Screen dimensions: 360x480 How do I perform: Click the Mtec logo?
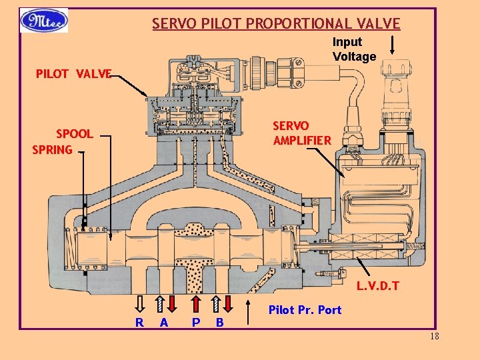point(44,21)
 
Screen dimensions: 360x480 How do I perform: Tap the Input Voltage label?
point(354,49)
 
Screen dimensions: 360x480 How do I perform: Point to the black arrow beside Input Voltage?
point(393,45)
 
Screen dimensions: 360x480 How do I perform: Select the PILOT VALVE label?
point(73,73)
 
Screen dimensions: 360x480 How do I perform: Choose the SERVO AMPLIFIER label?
point(301,133)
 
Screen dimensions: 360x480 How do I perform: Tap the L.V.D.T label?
point(377,287)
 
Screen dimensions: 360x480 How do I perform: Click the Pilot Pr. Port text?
point(305,310)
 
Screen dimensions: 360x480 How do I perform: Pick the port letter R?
point(139,323)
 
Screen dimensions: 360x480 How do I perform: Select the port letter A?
point(163,323)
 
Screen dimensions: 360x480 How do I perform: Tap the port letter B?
point(220,323)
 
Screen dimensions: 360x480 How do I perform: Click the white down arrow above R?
point(140,303)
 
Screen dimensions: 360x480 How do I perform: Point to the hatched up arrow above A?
point(160,303)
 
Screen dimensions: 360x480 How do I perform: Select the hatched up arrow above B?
point(216,303)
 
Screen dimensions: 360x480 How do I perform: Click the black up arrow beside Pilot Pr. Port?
point(252,309)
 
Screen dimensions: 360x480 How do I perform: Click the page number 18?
point(435,336)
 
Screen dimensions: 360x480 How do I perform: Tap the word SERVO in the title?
point(171,24)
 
